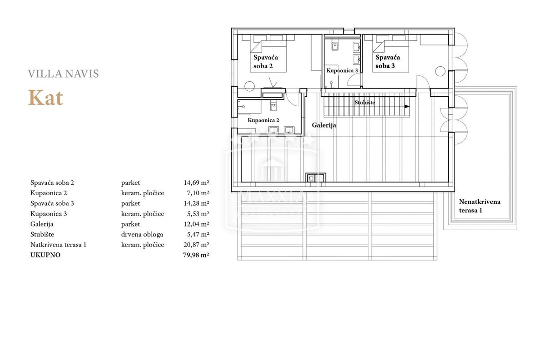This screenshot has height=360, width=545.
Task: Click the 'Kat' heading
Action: (46, 98)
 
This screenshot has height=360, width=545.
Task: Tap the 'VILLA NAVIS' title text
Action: (63, 74)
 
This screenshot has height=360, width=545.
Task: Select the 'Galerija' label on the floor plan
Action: (324, 125)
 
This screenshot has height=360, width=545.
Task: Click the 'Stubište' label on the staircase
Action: (365, 103)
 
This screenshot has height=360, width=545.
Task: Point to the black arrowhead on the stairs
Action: (407, 107)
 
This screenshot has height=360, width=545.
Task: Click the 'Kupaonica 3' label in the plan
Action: (342, 70)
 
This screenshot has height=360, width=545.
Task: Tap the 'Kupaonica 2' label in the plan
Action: (263, 120)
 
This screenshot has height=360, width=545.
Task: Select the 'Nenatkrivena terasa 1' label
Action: (480, 206)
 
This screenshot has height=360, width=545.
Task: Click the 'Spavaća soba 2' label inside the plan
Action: (266, 62)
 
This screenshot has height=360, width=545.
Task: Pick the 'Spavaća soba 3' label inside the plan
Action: (387, 62)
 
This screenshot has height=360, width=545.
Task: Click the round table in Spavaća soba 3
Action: (440, 71)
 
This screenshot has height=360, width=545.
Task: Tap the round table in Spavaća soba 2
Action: (249, 86)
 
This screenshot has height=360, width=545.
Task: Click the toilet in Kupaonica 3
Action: (335, 46)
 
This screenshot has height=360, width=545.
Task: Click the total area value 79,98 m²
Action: (196, 255)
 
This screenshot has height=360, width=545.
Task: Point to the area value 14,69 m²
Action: (196, 182)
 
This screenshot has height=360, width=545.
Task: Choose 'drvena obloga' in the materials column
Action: (142, 235)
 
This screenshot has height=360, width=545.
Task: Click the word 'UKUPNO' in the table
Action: (45, 255)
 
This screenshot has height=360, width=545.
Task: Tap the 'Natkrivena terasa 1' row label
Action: (59, 245)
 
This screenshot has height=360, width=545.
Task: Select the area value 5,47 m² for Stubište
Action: (198, 234)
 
